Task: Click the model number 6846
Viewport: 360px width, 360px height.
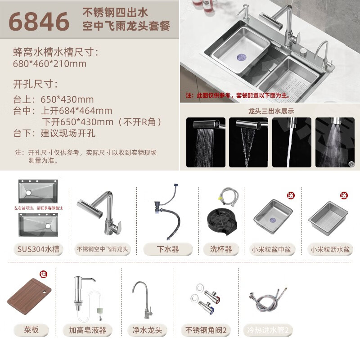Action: click(x=39, y=22)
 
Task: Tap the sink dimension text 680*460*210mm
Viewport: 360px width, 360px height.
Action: click(x=49, y=63)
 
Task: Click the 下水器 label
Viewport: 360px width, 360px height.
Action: click(x=167, y=249)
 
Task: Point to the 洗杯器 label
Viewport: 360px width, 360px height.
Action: click(x=220, y=249)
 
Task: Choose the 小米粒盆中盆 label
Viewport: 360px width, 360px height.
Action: click(x=273, y=249)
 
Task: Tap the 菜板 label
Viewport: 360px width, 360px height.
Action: click(x=31, y=330)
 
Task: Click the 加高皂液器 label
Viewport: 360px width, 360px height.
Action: click(x=88, y=330)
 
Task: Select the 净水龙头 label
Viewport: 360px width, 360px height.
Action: click(x=147, y=330)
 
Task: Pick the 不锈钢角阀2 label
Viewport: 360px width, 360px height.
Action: click(x=206, y=330)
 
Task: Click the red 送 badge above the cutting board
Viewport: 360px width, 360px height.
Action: click(x=43, y=274)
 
